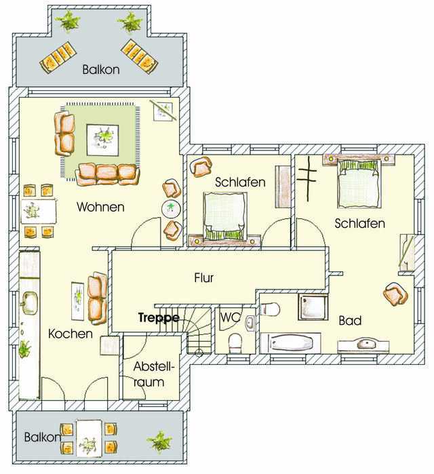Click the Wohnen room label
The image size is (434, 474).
pyautogui.click(x=100, y=206)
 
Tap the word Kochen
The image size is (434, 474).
pyautogui.click(x=71, y=334)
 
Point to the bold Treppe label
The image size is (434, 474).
pyautogui.click(x=159, y=317)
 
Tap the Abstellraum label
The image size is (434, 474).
pyautogui.click(x=154, y=374)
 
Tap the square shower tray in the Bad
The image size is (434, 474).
pyautogui.click(x=314, y=306)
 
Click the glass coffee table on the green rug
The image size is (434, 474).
pyautogui.click(x=105, y=140)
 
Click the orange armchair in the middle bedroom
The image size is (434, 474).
pyautogui.click(x=201, y=166)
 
